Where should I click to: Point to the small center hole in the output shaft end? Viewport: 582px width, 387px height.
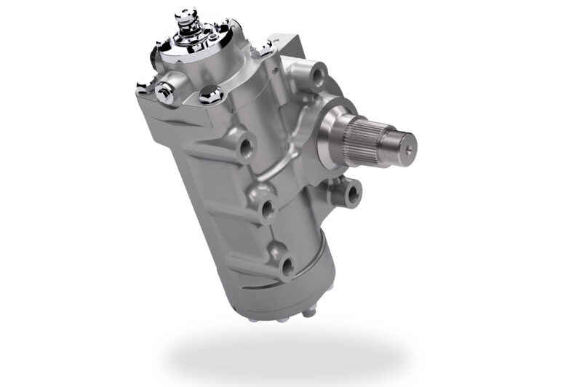(x=410, y=143)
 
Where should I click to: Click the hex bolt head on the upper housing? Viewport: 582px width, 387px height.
(x=211, y=92)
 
